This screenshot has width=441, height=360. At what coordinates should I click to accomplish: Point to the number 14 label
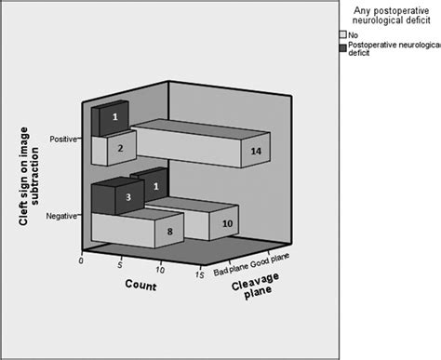257,148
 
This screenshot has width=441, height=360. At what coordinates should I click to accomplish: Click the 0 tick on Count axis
83,261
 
